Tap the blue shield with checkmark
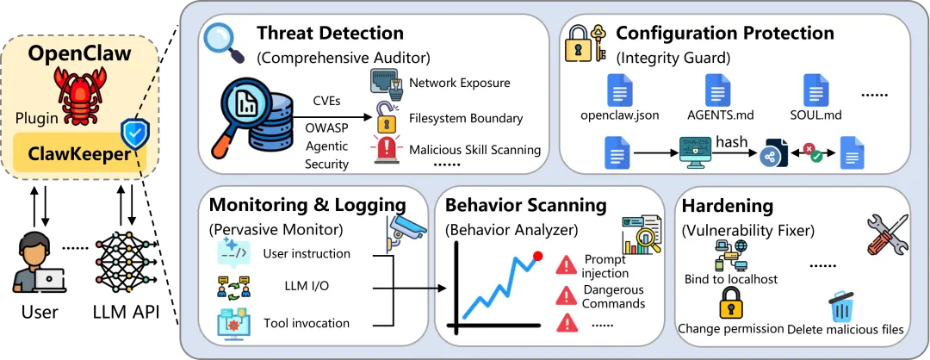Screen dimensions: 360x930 [x=133, y=134]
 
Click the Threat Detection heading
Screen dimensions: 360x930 [x=330, y=34]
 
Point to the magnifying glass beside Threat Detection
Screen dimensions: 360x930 [x=225, y=39]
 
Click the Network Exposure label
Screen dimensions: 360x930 [x=459, y=84]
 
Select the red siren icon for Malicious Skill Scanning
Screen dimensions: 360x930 [x=384, y=147]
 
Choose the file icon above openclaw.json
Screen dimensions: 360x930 [x=618, y=90]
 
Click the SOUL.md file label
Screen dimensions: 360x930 [x=815, y=115]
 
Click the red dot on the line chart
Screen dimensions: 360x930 [x=538, y=257]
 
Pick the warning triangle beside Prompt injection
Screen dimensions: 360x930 [x=566, y=264]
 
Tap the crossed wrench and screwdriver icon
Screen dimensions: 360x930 [x=883, y=233]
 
